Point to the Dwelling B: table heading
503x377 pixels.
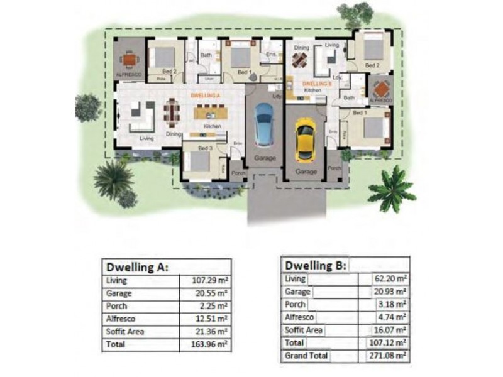[316, 264]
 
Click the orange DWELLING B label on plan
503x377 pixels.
[317, 83]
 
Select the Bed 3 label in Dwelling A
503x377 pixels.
[205, 148]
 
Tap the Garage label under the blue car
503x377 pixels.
[265, 159]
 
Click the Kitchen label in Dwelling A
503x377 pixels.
[212, 127]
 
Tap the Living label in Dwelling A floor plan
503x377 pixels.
[146, 138]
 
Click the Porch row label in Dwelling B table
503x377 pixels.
[295, 305]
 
